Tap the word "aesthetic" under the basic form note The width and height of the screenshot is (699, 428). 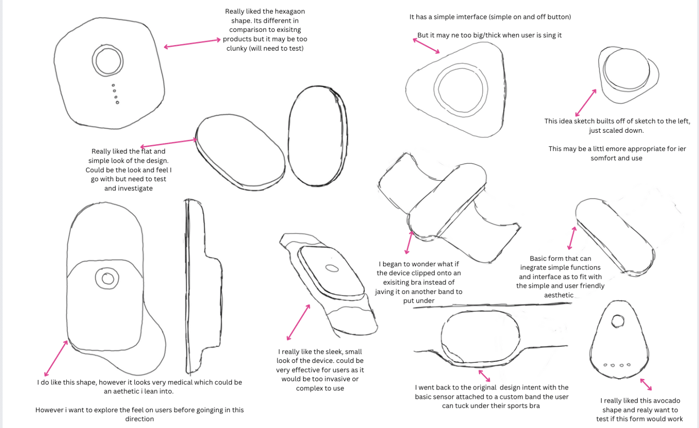(559, 295)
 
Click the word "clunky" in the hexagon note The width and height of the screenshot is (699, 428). (236, 48)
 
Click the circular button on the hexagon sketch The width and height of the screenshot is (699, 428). (108, 61)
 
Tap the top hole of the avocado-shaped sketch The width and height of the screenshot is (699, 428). (618, 321)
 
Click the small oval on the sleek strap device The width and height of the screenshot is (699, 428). (332, 268)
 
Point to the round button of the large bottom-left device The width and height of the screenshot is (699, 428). (107, 278)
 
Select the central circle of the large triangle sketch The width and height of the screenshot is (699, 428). (460, 89)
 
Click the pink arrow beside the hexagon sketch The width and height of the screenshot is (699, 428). (192, 43)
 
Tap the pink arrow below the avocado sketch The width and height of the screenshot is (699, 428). (646, 384)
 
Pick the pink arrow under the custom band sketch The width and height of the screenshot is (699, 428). (484, 376)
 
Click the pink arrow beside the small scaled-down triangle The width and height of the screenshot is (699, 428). (586, 103)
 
